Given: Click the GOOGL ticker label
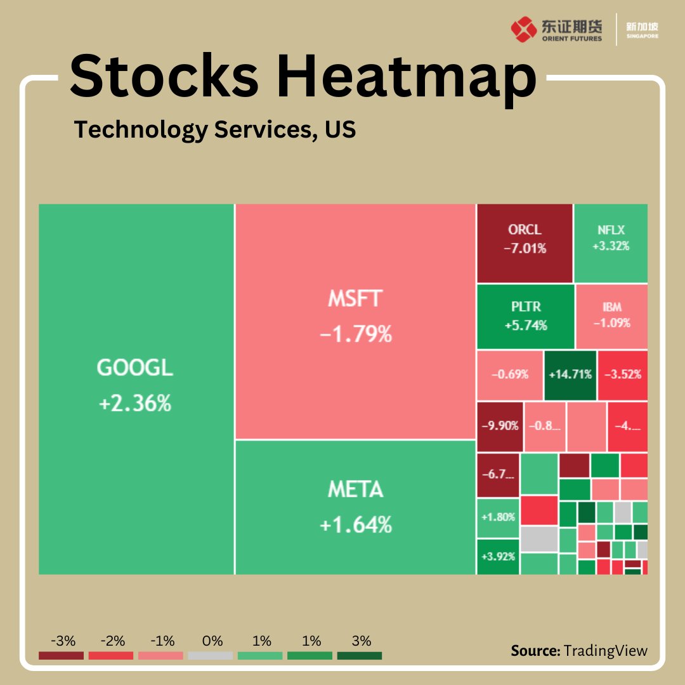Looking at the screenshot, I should click(x=134, y=368).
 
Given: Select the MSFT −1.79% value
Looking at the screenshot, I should click(x=355, y=334).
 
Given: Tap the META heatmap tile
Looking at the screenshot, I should click(x=355, y=507).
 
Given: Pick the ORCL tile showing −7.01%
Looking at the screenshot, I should click(x=525, y=242).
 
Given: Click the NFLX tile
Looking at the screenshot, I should click(x=611, y=242).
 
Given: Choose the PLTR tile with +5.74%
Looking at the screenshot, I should click(x=525, y=316).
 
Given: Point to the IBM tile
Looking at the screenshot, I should click(x=612, y=316).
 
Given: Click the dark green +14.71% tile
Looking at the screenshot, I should click(x=570, y=374).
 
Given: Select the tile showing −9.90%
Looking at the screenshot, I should click(x=500, y=426).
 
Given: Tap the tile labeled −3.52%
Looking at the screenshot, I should click(x=622, y=374).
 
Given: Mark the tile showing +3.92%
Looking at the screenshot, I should click(x=497, y=556).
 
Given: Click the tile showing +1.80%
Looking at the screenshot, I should click(x=497, y=517).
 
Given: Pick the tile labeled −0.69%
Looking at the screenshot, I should click(x=509, y=374).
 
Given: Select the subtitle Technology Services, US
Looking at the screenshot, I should click(x=215, y=129).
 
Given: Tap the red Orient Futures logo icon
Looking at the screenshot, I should click(x=523, y=29).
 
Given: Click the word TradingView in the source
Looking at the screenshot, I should click(x=606, y=651).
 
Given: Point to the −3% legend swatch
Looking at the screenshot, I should click(x=61, y=655).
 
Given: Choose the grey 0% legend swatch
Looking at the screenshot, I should click(x=211, y=655).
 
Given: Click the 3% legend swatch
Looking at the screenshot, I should click(x=360, y=655).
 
